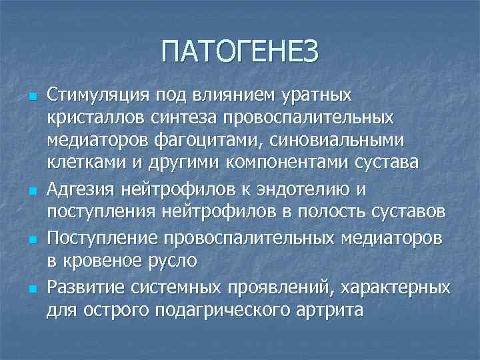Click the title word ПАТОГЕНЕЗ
pos(240,51)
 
